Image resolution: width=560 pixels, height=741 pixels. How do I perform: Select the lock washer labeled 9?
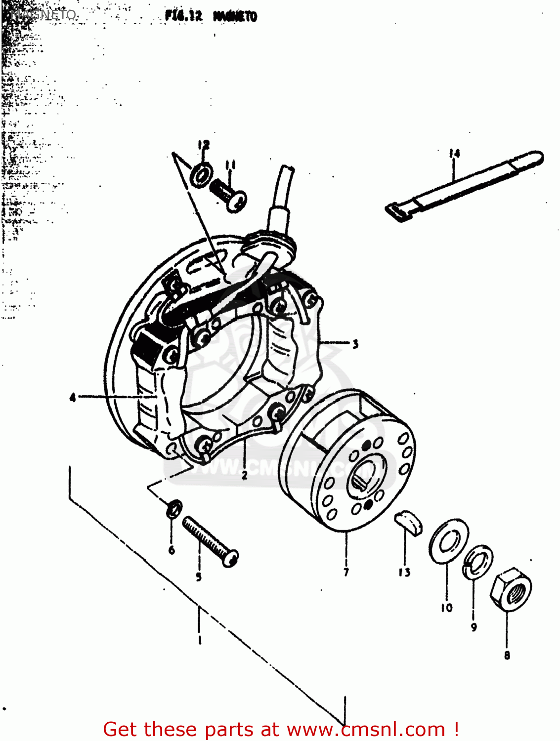click(x=477, y=562)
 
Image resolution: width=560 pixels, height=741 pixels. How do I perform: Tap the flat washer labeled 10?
click(x=448, y=541)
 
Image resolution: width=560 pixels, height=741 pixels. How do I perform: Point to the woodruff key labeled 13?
click(x=409, y=523)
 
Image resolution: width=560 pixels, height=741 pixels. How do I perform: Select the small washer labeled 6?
click(x=173, y=508)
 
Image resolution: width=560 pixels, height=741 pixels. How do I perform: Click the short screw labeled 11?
click(x=229, y=194)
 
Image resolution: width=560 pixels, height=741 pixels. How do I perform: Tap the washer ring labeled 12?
click(x=202, y=174)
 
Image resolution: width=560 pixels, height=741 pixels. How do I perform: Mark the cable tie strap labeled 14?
click(x=465, y=185)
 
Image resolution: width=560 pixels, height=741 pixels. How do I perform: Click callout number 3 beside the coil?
click(x=355, y=344)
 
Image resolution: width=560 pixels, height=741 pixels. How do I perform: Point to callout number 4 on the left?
click(x=73, y=397)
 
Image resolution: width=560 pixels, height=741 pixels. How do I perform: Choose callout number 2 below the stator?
click(x=245, y=476)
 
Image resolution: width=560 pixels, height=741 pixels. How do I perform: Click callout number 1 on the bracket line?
click(x=199, y=640)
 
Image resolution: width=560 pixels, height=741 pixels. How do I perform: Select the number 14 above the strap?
click(x=454, y=154)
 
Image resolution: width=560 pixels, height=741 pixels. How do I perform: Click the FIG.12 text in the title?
click(x=184, y=16)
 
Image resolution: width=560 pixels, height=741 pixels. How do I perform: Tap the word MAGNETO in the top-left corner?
click(x=44, y=14)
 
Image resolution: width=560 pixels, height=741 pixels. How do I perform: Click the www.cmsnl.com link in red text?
click(x=366, y=729)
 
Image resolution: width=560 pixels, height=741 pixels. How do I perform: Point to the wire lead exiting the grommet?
click(x=285, y=188)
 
